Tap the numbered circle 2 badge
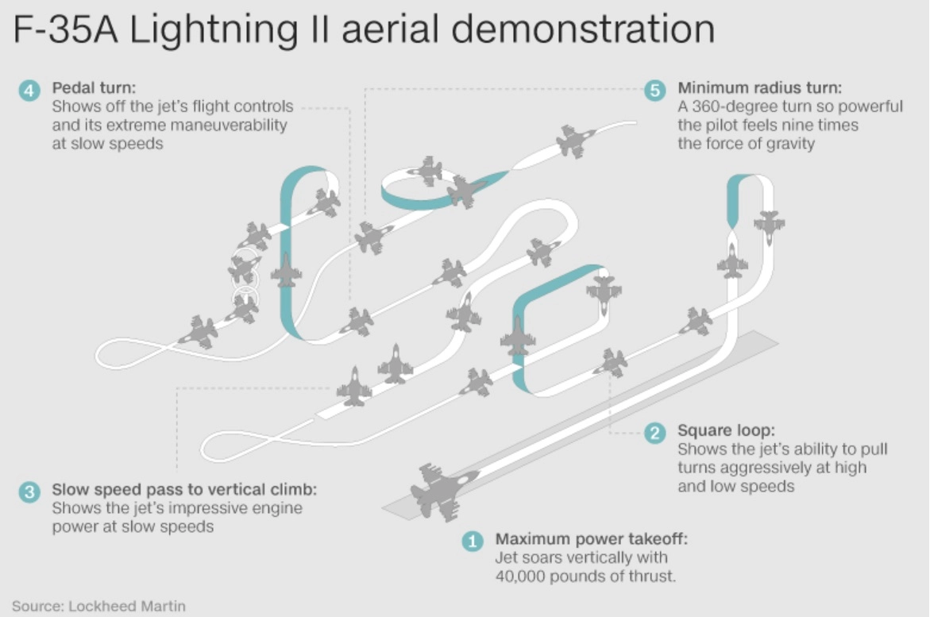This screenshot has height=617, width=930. coord(654,433)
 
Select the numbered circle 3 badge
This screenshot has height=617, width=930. coord(29,492)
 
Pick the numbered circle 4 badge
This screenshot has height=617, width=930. coord(29,90)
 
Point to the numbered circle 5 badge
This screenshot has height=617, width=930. coord(654,90)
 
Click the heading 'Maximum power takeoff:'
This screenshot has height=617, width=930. coord(592,539)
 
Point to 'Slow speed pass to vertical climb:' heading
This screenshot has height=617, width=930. coord(184,489)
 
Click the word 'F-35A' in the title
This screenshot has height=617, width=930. coord(64,29)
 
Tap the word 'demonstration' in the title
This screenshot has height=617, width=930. coord(587,29)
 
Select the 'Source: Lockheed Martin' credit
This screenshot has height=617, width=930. coord(98,606)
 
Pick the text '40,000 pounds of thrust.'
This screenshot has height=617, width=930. coord(585,577)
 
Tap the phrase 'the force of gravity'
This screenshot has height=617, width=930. coord(746,144)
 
